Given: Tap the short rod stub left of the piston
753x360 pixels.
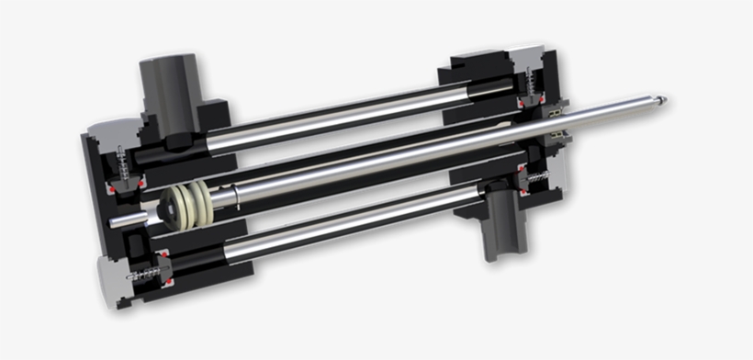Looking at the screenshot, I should [x=129, y=219].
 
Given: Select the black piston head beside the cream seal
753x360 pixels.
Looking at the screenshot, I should [x=169, y=208].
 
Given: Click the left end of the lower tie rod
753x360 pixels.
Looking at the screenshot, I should [x=234, y=249].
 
